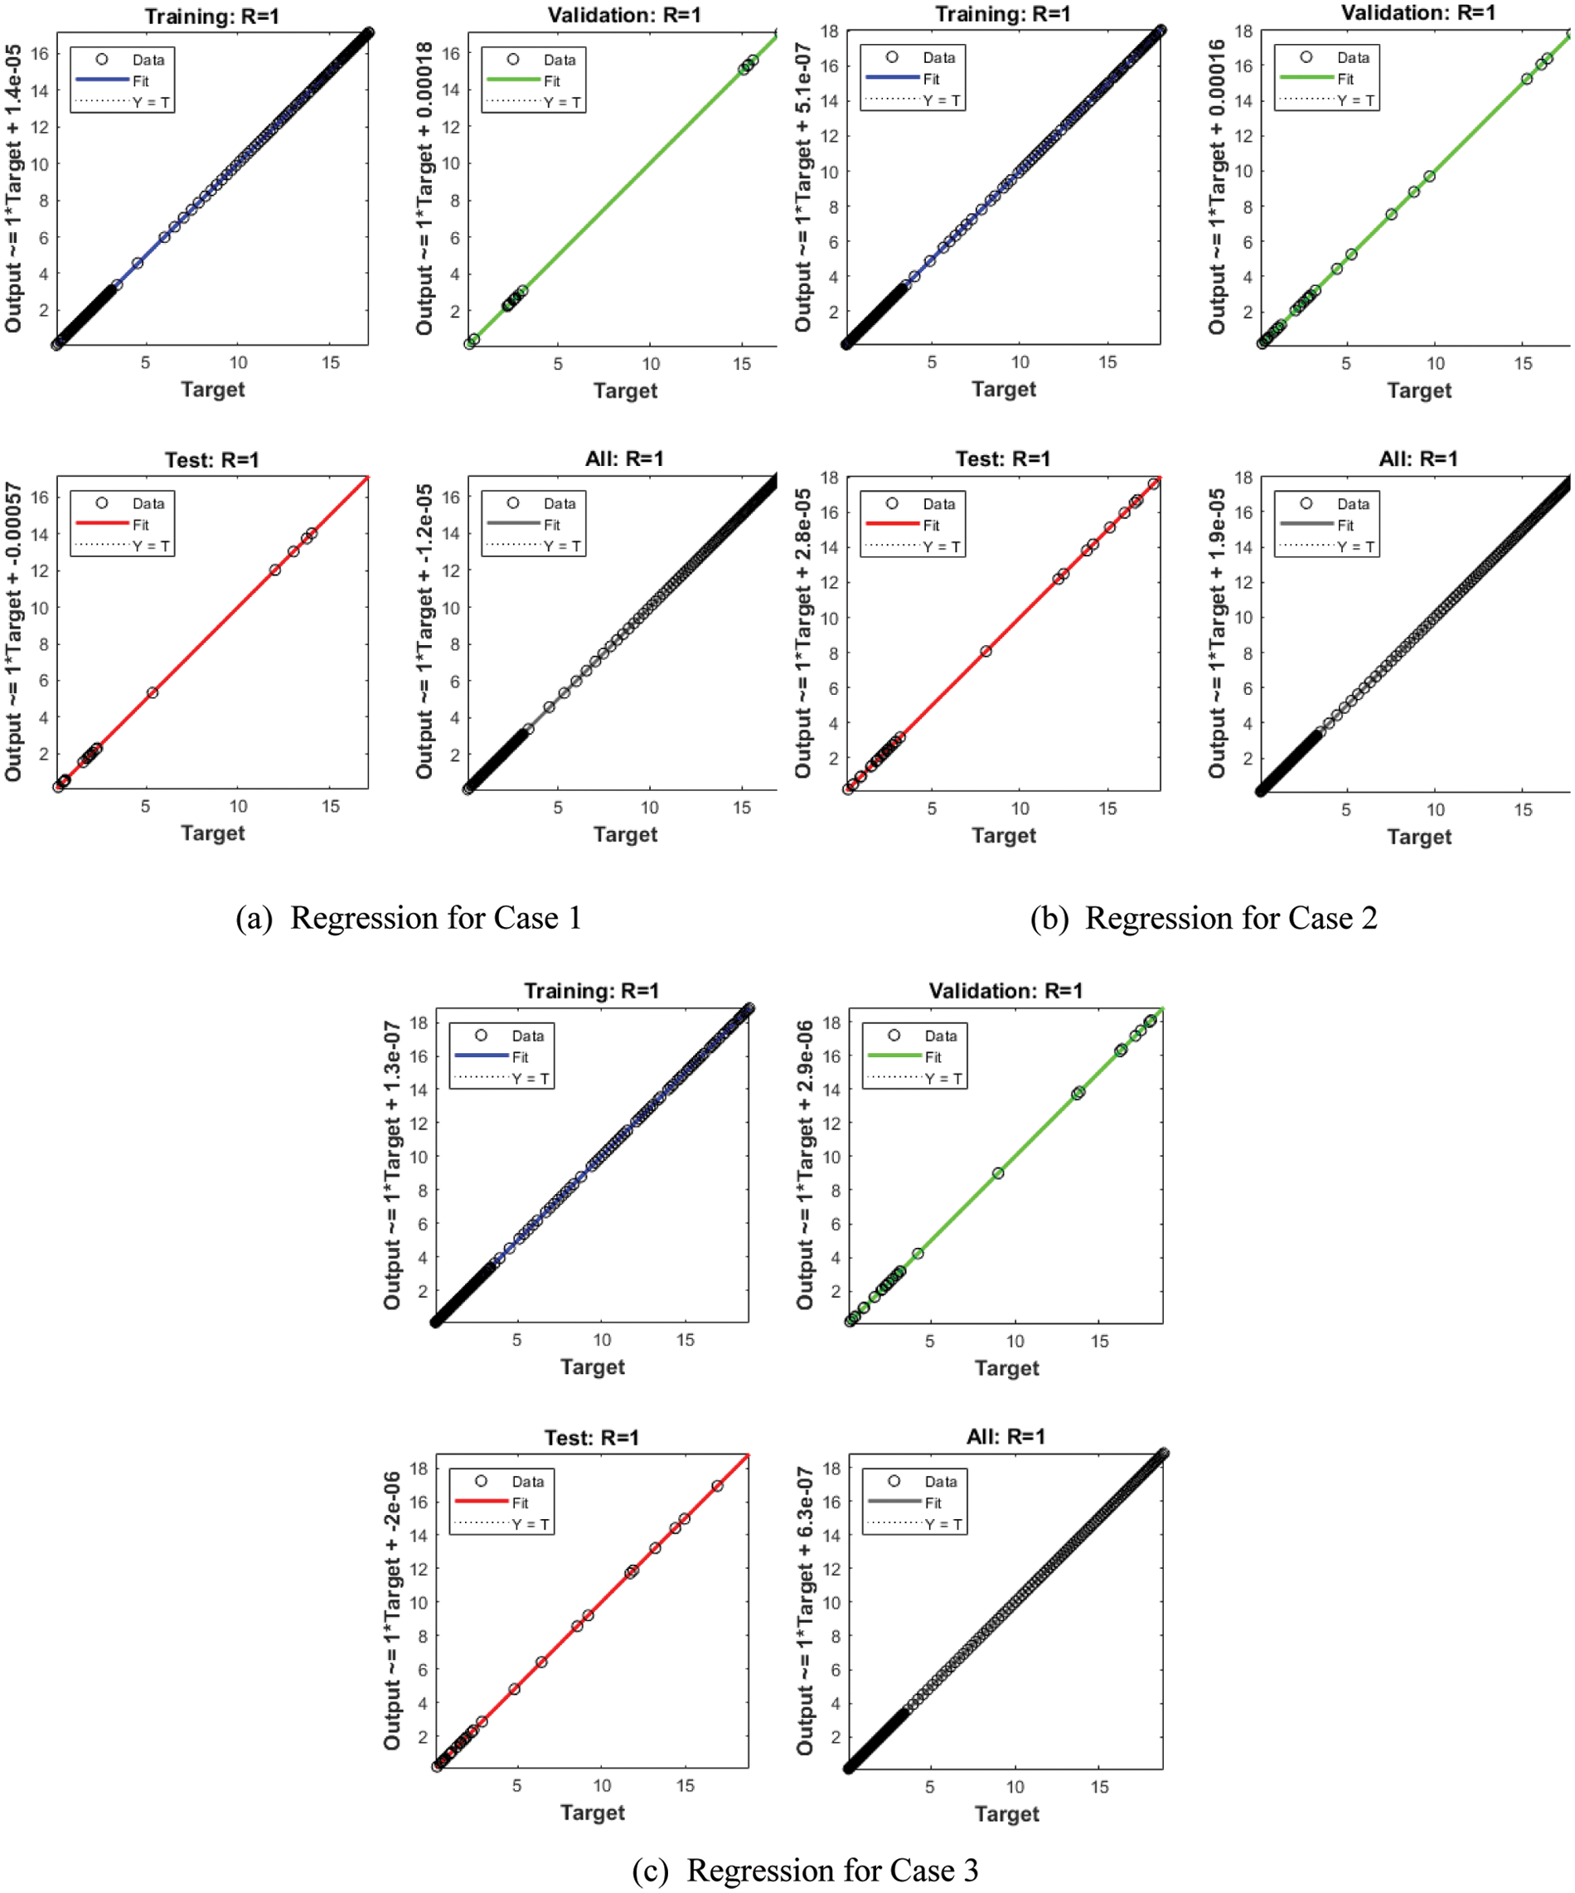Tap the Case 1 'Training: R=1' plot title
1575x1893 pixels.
click(211, 17)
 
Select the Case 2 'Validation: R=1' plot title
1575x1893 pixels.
click(1418, 12)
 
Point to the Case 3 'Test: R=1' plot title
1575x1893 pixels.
click(591, 1437)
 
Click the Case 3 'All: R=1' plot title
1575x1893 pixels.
click(1006, 1436)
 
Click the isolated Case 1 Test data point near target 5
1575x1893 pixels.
click(153, 692)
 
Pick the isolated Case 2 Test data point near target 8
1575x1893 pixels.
click(986, 651)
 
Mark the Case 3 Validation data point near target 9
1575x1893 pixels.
click(997, 1172)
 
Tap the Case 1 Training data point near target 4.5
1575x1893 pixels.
click(137, 263)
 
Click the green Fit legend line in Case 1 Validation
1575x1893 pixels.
click(512, 80)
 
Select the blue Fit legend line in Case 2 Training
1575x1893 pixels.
click(892, 79)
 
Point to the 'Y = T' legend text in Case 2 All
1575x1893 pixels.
click(1355, 546)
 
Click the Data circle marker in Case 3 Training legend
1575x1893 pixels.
click(481, 1035)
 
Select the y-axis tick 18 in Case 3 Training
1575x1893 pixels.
click(418, 1022)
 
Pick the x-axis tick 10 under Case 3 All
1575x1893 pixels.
click(1015, 1787)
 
